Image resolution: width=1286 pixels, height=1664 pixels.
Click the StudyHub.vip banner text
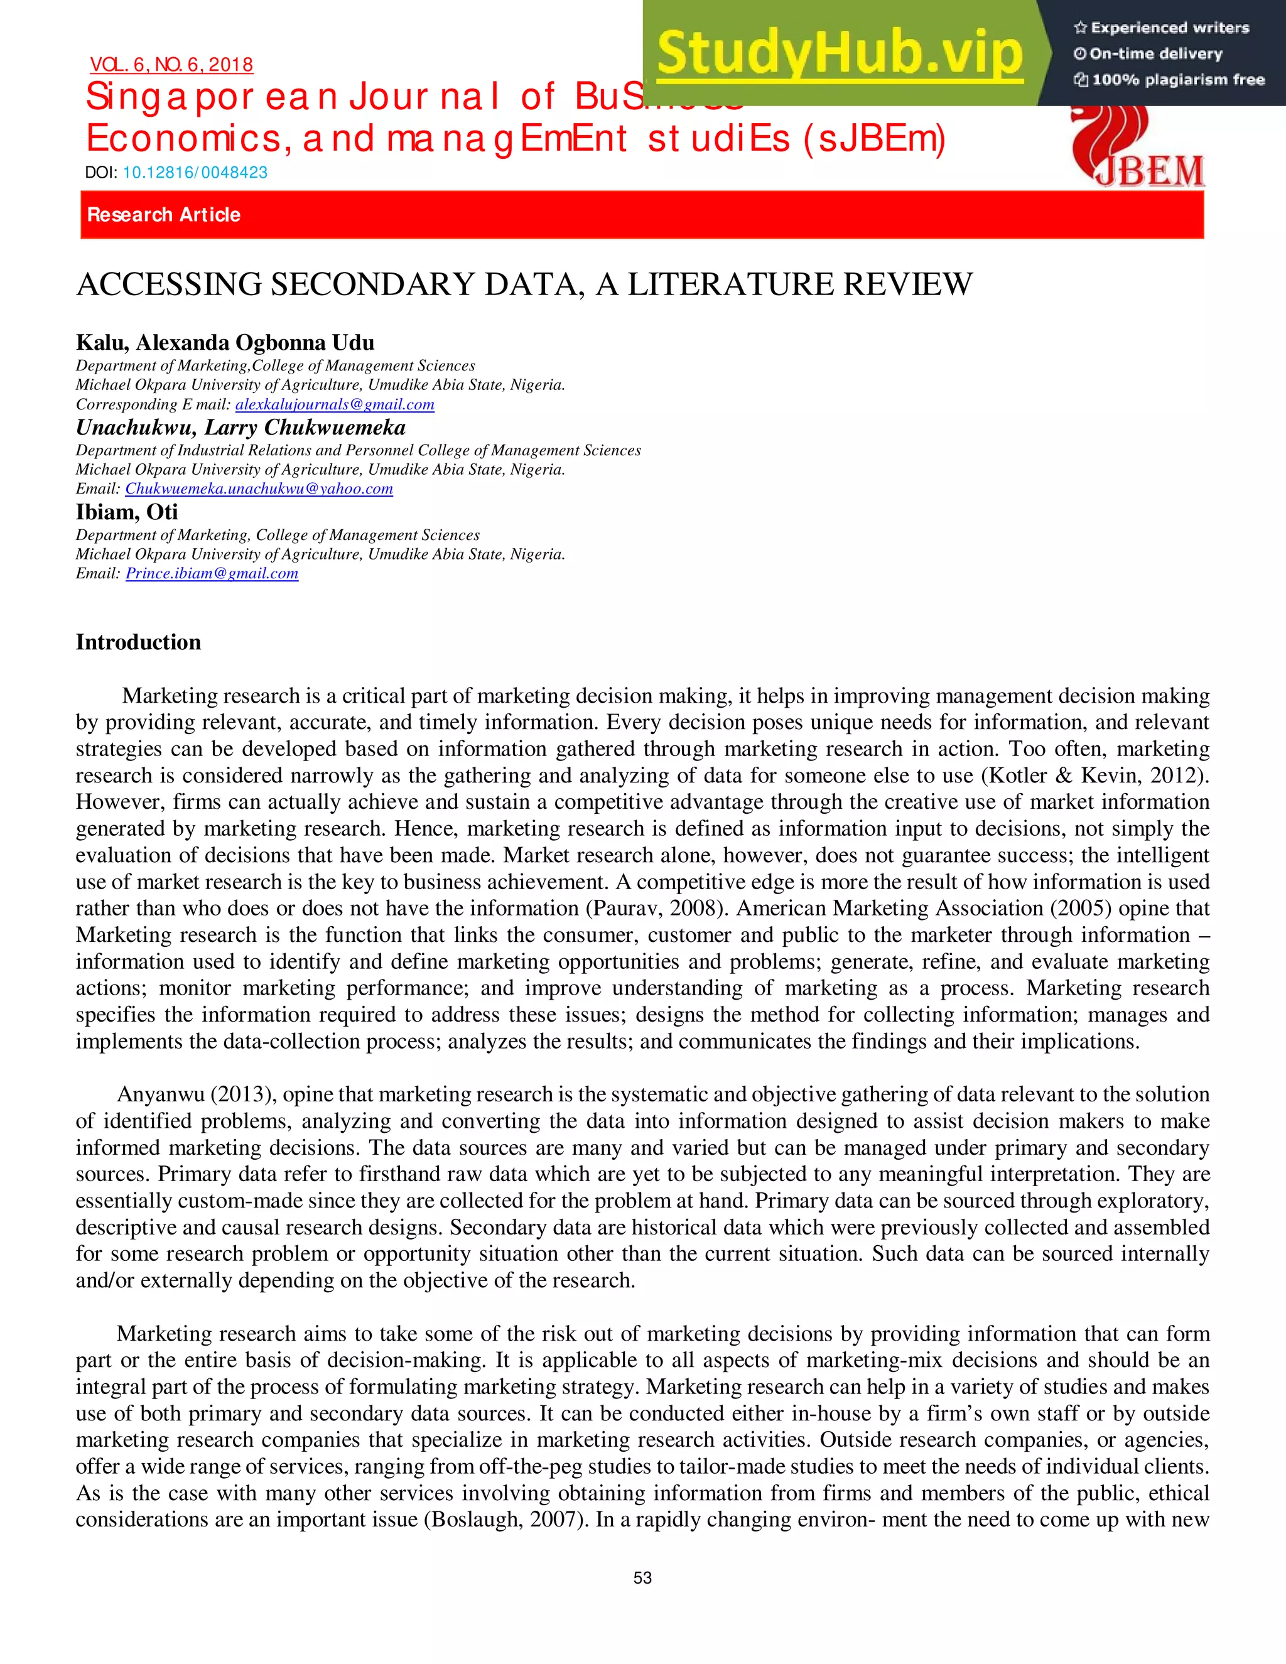(x=839, y=53)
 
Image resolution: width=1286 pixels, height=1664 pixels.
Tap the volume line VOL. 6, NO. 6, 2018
(x=171, y=65)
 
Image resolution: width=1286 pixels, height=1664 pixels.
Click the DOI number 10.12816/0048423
(x=195, y=172)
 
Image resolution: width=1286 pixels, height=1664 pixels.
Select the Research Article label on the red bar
(x=164, y=215)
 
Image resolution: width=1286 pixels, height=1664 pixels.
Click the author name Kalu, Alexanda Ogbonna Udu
(x=225, y=343)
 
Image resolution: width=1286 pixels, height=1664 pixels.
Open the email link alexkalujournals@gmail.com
(x=335, y=404)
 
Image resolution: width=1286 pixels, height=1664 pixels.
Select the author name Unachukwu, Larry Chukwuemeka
(x=240, y=428)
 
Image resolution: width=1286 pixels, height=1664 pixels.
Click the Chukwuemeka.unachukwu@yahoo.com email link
(x=259, y=489)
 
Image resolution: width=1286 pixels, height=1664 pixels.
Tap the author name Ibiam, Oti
(x=126, y=512)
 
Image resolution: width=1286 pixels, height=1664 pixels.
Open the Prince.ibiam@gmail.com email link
(x=212, y=574)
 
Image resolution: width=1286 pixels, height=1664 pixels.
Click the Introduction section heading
(x=138, y=642)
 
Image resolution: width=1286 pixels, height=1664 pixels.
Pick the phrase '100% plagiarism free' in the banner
(x=1178, y=80)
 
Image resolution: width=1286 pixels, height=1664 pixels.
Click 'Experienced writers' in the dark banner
(x=1169, y=28)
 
